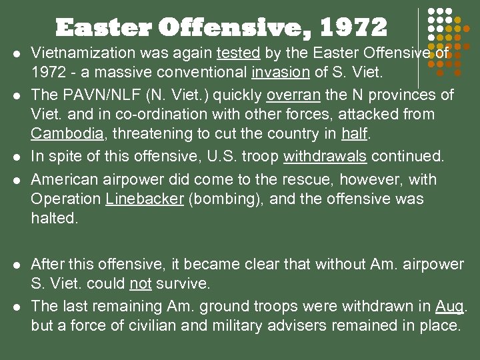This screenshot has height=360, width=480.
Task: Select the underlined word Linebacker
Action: (144, 199)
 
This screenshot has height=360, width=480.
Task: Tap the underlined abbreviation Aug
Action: (450, 306)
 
